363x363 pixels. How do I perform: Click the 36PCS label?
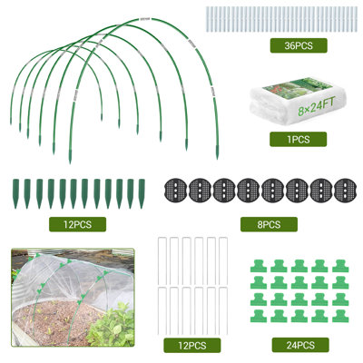[x=299, y=45]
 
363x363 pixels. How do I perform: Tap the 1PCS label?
[x=298, y=140]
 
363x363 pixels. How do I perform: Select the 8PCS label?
[x=269, y=224]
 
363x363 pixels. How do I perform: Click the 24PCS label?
[x=300, y=345]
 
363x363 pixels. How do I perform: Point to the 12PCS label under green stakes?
[x=77, y=224]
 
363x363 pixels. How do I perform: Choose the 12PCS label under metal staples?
[x=192, y=346]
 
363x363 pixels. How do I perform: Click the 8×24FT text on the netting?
[x=317, y=107]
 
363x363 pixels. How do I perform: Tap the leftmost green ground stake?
[x=15, y=193]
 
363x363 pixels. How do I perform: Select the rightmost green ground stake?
[x=142, y=193]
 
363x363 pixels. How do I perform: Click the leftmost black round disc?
[x=175, y=191]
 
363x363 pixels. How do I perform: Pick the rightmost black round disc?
[x=345, y=191]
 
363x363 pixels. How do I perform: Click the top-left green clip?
[x=259, y=266]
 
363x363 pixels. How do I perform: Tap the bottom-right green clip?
[x=340, y=316]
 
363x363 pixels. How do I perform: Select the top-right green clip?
[x=340, y=266]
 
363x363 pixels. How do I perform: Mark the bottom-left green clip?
[x=259, y=316]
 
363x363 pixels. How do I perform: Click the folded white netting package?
[x=298, y=103]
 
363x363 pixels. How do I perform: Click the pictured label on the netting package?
[x=298, y=85]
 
